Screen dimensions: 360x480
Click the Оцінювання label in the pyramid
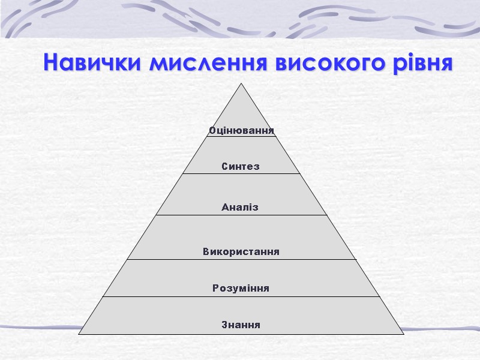point(241,130)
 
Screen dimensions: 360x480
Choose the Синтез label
point(241,167)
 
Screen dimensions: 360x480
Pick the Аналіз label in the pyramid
point(240,208)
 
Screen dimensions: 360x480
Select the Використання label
point(241,251)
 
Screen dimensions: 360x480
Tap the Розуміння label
point(241,289)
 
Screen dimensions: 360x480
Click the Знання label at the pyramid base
point(241,325)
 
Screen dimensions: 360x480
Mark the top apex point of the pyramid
point(242,83)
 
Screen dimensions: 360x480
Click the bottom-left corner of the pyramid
point(79,334)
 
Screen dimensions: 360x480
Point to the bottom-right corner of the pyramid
point(404,334)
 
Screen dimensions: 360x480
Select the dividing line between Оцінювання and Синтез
point(241,137)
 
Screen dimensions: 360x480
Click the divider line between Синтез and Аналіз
point(241,174)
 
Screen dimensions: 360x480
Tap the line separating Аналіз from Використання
point(241,215)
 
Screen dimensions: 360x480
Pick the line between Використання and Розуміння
point(241,260)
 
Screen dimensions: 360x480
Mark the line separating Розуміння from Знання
point(241,296)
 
